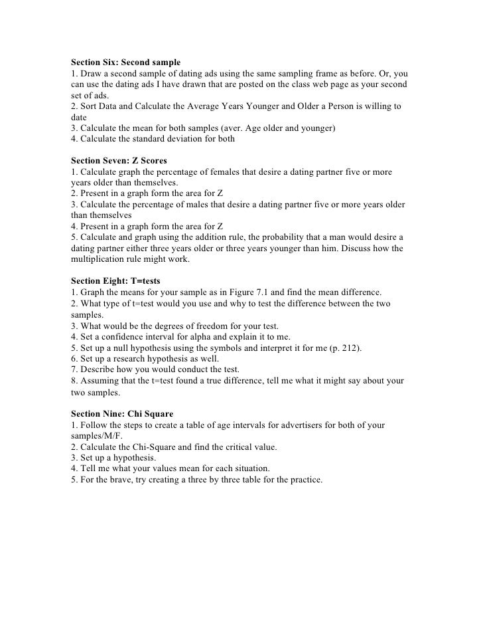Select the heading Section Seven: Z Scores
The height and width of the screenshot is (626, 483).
click(x=119, y=161)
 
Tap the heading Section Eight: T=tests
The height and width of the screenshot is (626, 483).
click(x=115, y=281)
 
